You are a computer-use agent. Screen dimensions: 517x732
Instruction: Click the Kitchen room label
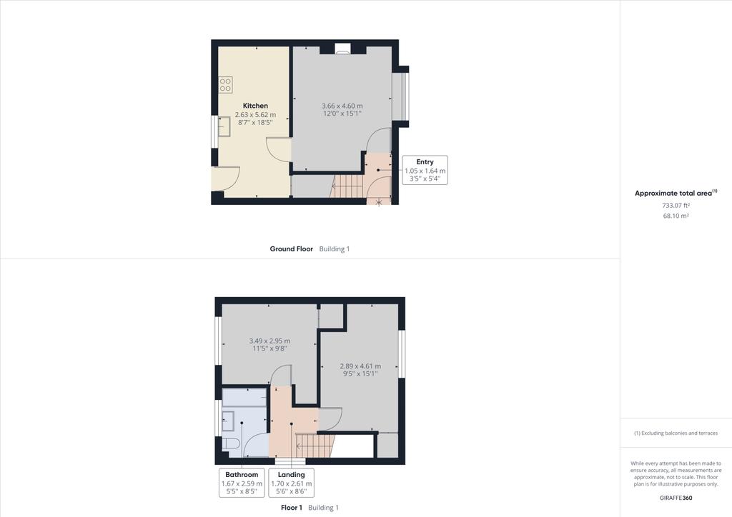pos(255,106)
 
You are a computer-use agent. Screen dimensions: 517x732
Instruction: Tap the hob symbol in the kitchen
pos(225,85)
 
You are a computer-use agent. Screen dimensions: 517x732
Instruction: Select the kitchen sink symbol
pos(224,126)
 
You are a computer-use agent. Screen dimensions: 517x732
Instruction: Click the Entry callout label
pos(425,162)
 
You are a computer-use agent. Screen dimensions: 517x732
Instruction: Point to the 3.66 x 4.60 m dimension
pos(342,106)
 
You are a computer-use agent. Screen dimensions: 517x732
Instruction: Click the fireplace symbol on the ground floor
pos(342,49)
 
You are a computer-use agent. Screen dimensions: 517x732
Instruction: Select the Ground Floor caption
pos(291,249)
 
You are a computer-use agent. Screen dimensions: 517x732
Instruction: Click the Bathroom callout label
pos(242,474)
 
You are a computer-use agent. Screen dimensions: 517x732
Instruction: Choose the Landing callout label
pos(291,474)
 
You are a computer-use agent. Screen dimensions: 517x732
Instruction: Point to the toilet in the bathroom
pos(231,444)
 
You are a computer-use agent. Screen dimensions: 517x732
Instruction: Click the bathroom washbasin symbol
pos(228,421)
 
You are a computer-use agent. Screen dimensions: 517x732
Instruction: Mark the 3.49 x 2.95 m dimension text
pos(269,341)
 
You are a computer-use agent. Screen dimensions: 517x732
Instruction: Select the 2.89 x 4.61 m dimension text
pos(360,366)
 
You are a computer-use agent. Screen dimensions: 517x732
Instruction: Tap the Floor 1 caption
pos(291,508)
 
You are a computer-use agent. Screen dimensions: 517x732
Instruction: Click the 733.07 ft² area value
pos(676,206)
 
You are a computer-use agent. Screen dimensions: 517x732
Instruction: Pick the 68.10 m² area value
pos(676,216)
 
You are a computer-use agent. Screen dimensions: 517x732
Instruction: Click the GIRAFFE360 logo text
pos(676,498)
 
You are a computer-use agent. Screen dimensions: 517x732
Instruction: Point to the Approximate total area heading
pos(676,193)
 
